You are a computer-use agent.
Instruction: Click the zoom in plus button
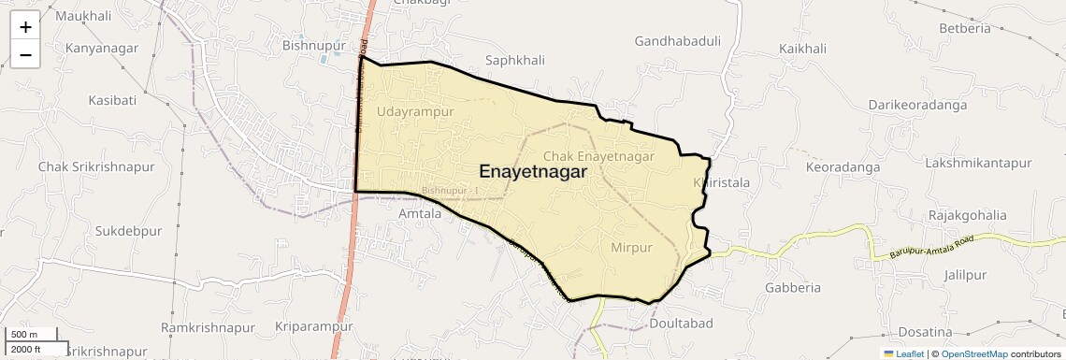(25, 27)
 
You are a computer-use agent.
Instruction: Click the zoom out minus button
(25, 54)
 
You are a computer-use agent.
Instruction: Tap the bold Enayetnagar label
(533, 172)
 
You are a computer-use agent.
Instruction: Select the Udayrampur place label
(415, 111)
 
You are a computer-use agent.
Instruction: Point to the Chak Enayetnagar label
(598, 156)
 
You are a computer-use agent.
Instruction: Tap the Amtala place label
(420, 213)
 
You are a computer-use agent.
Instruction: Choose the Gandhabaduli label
(677, 41)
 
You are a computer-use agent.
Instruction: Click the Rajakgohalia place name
(967, 215)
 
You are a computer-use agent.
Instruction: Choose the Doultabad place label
(681, 324)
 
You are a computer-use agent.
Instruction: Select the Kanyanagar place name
(102, 48)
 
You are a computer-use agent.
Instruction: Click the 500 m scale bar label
(25, 335)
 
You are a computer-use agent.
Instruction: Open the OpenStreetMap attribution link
(973, 353)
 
